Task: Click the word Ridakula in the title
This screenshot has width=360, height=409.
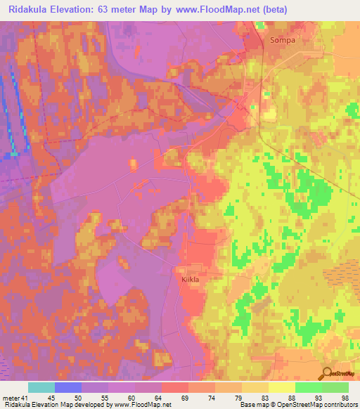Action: [27, 9]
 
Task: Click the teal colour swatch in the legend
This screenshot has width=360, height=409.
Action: [41, 387]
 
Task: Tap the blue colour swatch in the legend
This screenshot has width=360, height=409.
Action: [68, 387]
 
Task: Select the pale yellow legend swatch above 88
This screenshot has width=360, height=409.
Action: [282, 387]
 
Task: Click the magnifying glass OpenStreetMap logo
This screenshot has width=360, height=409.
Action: [327, 375]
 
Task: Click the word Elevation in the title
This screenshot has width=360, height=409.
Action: [74, 9]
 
